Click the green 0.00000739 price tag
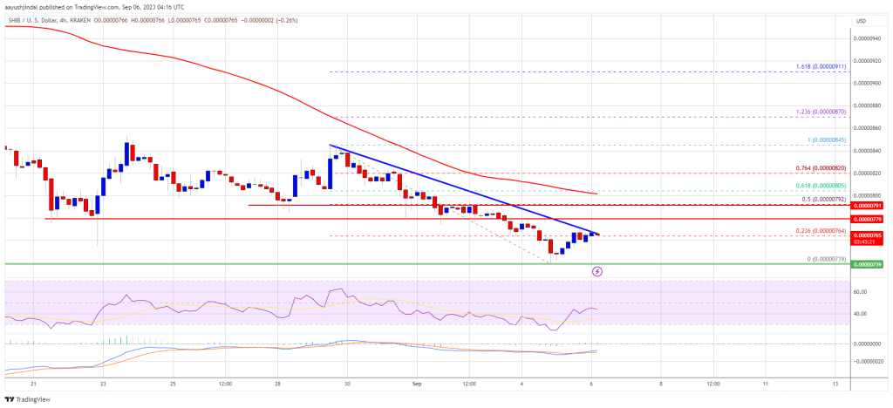[x=869, y=263]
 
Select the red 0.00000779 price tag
[x=869, y=218]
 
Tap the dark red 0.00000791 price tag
[x=869, y=206]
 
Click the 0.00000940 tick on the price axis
[x=869, y=38]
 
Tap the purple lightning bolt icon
[x=596, y=271]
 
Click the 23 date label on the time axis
[x=103, y=384]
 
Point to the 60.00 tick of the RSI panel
[x=862, y=292]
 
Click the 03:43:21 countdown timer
[x=869, y=242]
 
